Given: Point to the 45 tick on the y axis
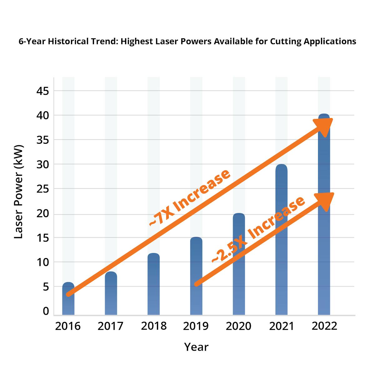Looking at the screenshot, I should point(43,91).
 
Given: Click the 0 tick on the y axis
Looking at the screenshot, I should point(46,311).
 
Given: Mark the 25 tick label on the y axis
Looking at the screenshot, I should point(43,189).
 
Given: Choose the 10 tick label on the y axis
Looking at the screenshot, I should point(43,262).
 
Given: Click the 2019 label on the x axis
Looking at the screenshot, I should point(196,326).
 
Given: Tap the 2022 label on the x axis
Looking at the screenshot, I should point(324,326).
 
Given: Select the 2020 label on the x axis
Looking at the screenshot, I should point(238,326).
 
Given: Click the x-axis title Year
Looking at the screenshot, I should point(196,347).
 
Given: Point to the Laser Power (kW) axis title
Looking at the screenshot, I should point(19,191).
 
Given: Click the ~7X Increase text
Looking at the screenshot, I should point(189,197).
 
